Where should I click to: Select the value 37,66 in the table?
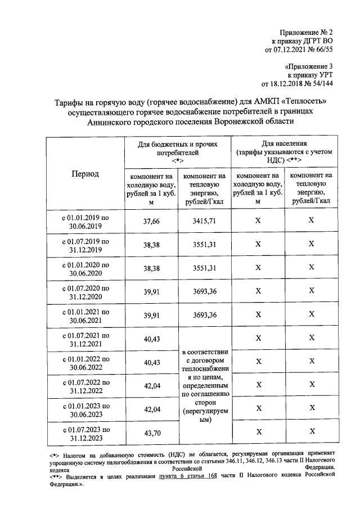pos(152,221)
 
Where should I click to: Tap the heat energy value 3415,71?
pos(204,221)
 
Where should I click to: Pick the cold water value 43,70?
pos(152,433)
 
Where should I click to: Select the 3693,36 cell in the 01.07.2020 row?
pos(204,291)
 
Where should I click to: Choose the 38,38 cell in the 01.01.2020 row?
pos(152,268)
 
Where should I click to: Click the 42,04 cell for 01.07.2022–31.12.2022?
pos(152,386)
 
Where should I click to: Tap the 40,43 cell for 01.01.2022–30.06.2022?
pos(152,362)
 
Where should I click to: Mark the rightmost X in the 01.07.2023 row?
pos(310,432)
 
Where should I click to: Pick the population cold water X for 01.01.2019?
pos(258,221)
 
